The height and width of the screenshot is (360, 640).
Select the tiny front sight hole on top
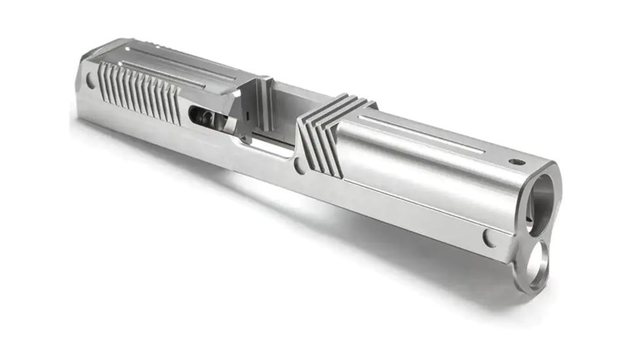(517, 161)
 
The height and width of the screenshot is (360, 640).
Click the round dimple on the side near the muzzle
(489, 237)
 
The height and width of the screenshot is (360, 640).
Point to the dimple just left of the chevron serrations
(299, 166)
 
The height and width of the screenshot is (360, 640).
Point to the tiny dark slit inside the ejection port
(249, 115)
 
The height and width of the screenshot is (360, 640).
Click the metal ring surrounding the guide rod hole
(524, 268)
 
